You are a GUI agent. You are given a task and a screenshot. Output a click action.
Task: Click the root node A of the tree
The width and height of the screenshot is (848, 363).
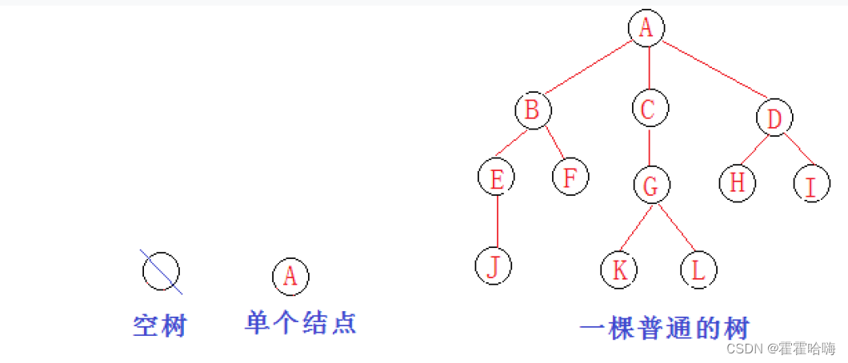pos(646,28)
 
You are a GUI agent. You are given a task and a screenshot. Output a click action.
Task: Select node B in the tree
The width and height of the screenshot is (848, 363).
pos(532,110)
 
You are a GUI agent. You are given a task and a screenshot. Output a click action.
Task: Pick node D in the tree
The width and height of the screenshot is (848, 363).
pos(774,118)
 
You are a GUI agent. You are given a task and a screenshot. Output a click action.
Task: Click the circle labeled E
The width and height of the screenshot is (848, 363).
pos(497,178)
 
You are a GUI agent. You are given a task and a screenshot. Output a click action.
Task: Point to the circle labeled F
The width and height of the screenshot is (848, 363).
pos(570,176)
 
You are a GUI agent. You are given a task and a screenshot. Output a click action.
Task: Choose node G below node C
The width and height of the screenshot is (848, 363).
pos(651,185)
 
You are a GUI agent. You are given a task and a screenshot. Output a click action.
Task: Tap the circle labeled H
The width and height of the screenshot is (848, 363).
pos(737,182)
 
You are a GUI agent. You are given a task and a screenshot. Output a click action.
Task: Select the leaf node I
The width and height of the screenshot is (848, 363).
pos(811,185)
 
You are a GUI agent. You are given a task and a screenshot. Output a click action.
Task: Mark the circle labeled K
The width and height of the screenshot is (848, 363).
pos(619,269)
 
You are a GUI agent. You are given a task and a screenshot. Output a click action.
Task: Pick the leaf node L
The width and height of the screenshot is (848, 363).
pos(698,269)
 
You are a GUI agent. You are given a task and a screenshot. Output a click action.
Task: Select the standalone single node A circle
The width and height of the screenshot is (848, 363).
pos(290,276)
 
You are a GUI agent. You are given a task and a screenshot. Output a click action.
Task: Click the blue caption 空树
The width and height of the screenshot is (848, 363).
pos(159,325)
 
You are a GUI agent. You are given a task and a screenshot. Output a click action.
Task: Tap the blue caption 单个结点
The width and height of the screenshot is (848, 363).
pos(300,322)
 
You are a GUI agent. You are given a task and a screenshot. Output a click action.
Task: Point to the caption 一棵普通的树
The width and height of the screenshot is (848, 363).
pos(664,329)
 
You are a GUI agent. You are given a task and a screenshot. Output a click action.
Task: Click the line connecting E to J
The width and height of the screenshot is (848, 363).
pos(498,221)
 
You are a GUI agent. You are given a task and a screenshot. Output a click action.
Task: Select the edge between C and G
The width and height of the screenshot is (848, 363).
pos(649,147)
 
